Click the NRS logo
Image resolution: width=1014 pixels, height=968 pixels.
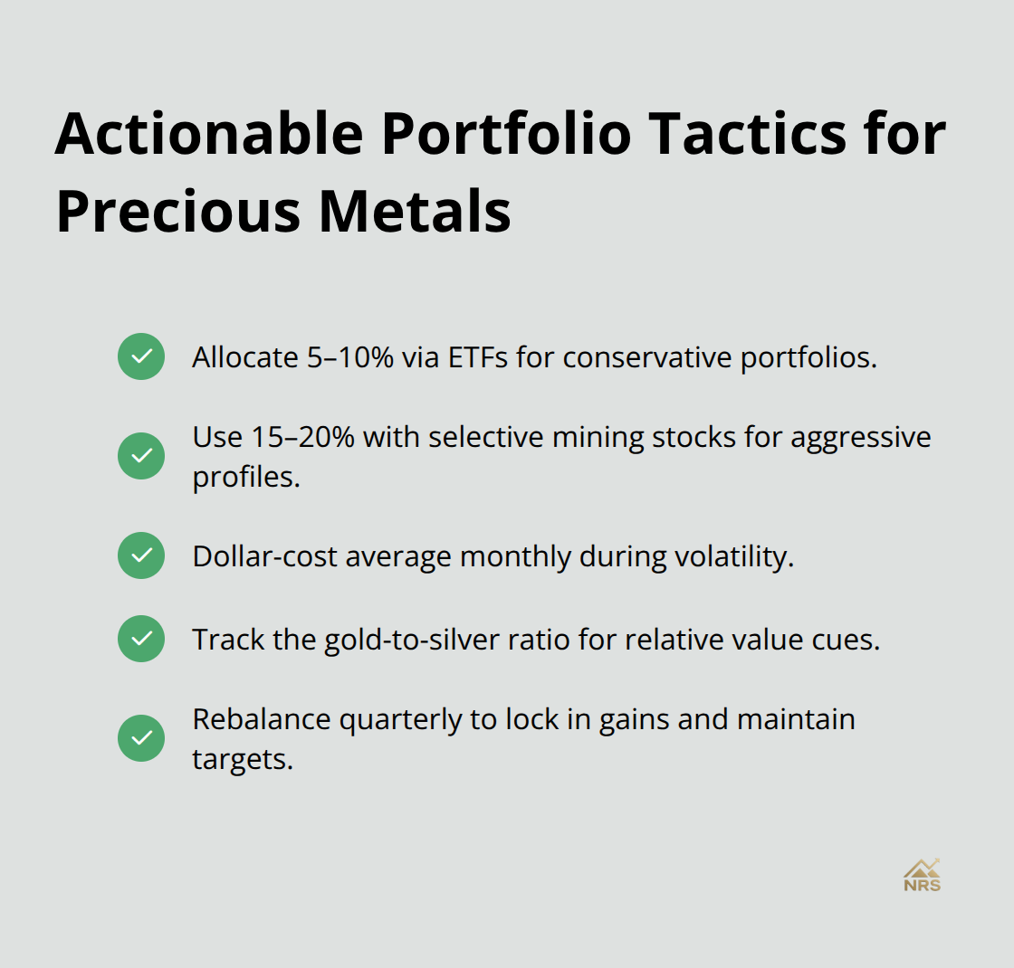tap(922, 876)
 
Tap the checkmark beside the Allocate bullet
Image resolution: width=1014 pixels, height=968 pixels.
tap(141, 356)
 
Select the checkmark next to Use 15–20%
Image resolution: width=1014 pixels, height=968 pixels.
tap(141, 456)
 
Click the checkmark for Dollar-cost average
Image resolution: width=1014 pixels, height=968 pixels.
tap(141, 555)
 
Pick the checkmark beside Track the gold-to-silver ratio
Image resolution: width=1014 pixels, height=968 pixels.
tap(141, 639)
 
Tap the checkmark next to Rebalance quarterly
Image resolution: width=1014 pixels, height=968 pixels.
tap(141, 738)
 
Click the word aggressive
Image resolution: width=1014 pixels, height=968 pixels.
tap(861, 437)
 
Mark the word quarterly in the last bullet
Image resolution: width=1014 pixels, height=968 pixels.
tap(382, 720)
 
